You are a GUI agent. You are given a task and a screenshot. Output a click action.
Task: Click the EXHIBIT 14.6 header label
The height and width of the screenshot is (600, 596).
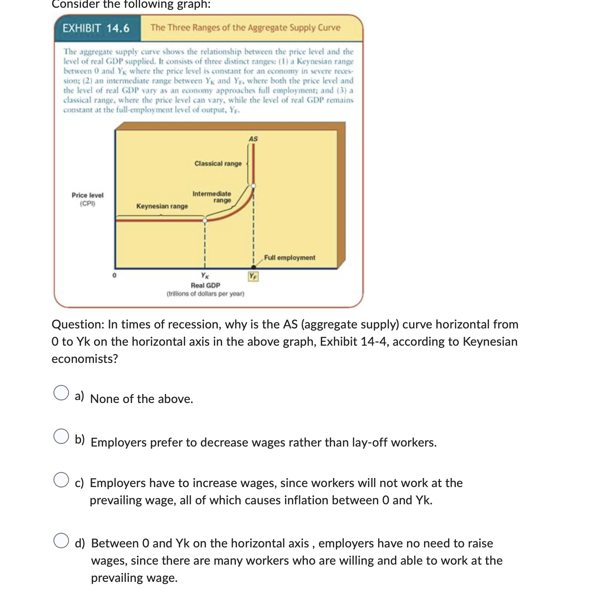click(x=96, y=28)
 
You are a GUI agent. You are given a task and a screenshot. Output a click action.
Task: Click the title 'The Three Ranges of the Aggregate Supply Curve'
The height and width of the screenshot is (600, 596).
click(x=245, y=28)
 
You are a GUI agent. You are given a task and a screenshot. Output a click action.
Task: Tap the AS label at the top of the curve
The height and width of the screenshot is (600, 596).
click(x=253, y=139)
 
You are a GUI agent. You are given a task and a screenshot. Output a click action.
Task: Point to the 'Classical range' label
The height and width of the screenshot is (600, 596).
click(x=218, y=164)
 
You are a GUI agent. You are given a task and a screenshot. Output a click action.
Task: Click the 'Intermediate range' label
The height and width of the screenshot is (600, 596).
click(x=212, y=197)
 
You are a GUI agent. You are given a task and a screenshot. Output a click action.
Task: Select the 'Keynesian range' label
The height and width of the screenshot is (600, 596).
click(x=162, y=206)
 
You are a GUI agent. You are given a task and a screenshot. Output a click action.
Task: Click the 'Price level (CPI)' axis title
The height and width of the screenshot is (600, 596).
click(x=88, y=199)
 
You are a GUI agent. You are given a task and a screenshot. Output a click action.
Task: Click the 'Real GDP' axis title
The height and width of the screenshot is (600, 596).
click(x=205, y=285)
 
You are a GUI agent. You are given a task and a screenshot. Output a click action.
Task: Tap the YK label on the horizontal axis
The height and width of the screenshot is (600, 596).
click(x=205, y=275)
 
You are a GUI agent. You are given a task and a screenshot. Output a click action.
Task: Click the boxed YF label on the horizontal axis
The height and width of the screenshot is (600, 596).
click(x=253, y=276)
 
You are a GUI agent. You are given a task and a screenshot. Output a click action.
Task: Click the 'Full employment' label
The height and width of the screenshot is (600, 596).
click(x=289, y=258)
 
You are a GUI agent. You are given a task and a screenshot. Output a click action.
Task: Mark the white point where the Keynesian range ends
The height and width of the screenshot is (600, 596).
click(x=205, y=220)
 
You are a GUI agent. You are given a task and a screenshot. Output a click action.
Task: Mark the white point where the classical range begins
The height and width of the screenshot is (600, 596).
click(x=254, y=186)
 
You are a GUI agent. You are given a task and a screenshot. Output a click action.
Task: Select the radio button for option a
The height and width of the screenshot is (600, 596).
click(x=61, y=393)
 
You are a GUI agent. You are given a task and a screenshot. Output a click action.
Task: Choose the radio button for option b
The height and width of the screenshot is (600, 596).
click(x=61, y=436)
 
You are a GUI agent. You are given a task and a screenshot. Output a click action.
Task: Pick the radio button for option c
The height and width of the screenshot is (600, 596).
click(x=61, y=480)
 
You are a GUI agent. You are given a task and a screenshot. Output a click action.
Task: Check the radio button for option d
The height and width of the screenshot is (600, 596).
click(x=61, y=541)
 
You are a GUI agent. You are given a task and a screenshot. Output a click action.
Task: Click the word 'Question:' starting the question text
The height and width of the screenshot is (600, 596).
click(x=78, y=325)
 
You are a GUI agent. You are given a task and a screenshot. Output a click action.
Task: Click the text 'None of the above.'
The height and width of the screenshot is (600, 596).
click(x=141, y=399)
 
